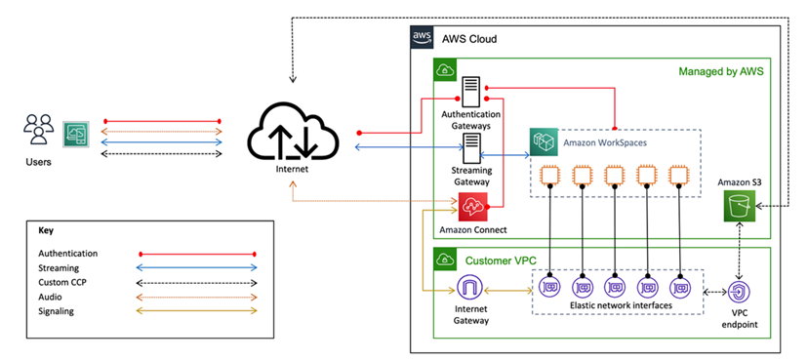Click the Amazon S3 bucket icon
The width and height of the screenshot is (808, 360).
click(x=741, y=204)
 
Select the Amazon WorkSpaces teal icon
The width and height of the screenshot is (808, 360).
click(x=544, y=143)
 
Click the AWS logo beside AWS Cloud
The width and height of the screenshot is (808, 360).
click(x=422, y=38)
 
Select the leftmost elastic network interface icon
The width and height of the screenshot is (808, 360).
click(x=549, y=288)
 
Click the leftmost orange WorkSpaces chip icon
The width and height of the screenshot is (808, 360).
click(x=549, y=177)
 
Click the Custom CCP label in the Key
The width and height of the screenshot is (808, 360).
click(x=64, y=282)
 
